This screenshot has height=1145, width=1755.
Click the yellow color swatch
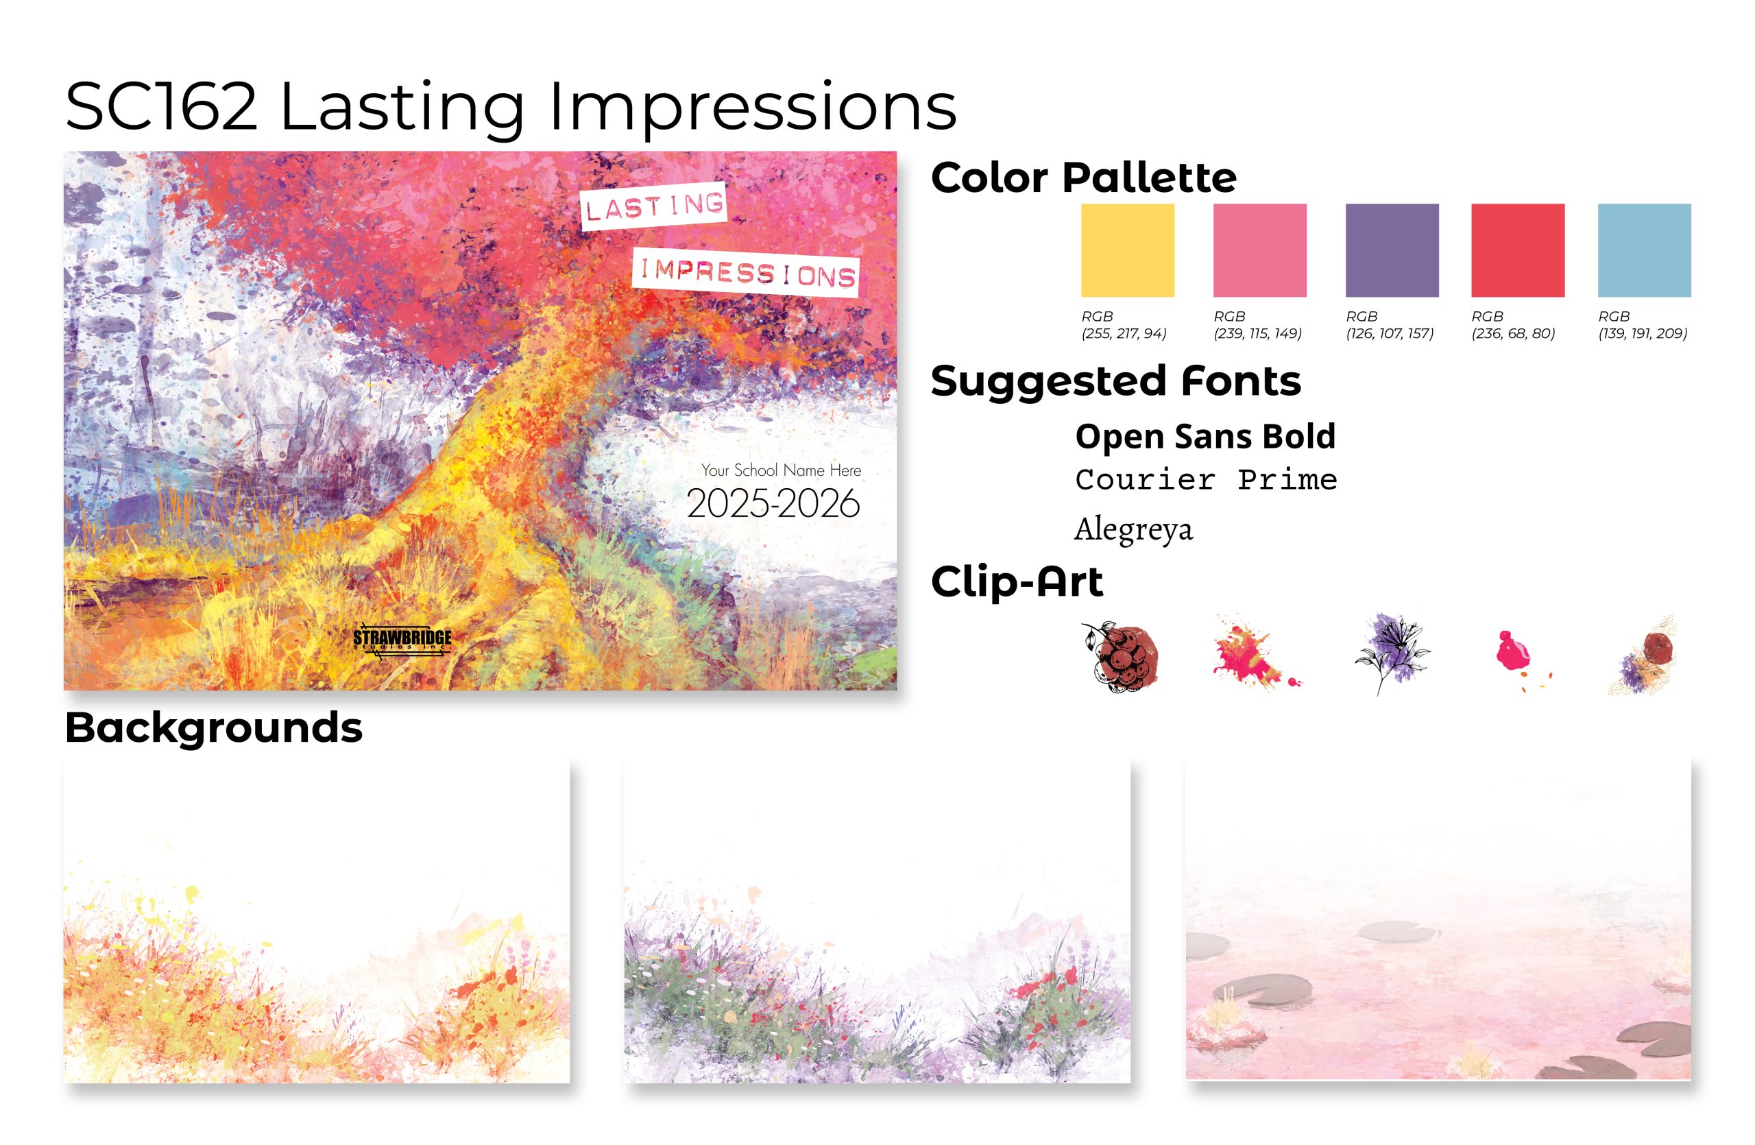[x=1128, y=251]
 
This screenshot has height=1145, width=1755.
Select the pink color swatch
[x=1259, y=251]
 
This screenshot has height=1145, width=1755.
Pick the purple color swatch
[x=1392, y=251]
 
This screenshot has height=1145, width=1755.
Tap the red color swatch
[x=1518, y=251]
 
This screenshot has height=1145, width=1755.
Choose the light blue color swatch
[x=1645, y=251]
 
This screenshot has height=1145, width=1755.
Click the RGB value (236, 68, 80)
[x=1513, y=333]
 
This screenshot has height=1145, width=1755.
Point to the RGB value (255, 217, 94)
[x=1124, y=333]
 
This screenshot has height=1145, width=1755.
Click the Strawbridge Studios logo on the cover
[x=402, y=640]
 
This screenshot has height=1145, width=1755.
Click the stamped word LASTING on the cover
[x=654, y=206]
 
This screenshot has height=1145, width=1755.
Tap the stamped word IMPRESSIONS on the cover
[x=747, y=273]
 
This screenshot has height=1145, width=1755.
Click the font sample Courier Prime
[x=1206, y=480]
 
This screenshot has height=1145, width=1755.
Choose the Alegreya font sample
[x=1133, y=529]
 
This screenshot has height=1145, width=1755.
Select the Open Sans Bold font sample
[x=1206, y=437]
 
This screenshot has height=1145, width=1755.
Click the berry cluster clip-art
[x=1119, y=657]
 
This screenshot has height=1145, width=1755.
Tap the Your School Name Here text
[x=781, y=470]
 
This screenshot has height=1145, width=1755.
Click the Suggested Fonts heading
[x=1115, y=381]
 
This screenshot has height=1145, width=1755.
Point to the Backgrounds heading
[x=214, y=728]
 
